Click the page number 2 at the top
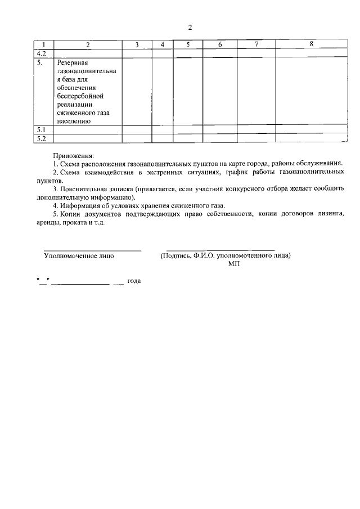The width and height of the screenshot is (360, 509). pos(190,27)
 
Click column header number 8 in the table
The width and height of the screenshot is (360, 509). pos(311,44)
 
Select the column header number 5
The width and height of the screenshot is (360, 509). pos(188,44)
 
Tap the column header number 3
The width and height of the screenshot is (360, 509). pos(137,44)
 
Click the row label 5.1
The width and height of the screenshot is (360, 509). pos(40,130)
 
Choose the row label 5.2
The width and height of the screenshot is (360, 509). pos(40,138)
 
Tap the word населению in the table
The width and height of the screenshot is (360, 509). pos(74,121)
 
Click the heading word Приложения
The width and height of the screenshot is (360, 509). pos(74,155)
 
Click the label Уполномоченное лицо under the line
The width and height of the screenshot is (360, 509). pos(79,256)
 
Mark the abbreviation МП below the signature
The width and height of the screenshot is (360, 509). pos(234,264)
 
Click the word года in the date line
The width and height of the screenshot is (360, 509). pos(134,280)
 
